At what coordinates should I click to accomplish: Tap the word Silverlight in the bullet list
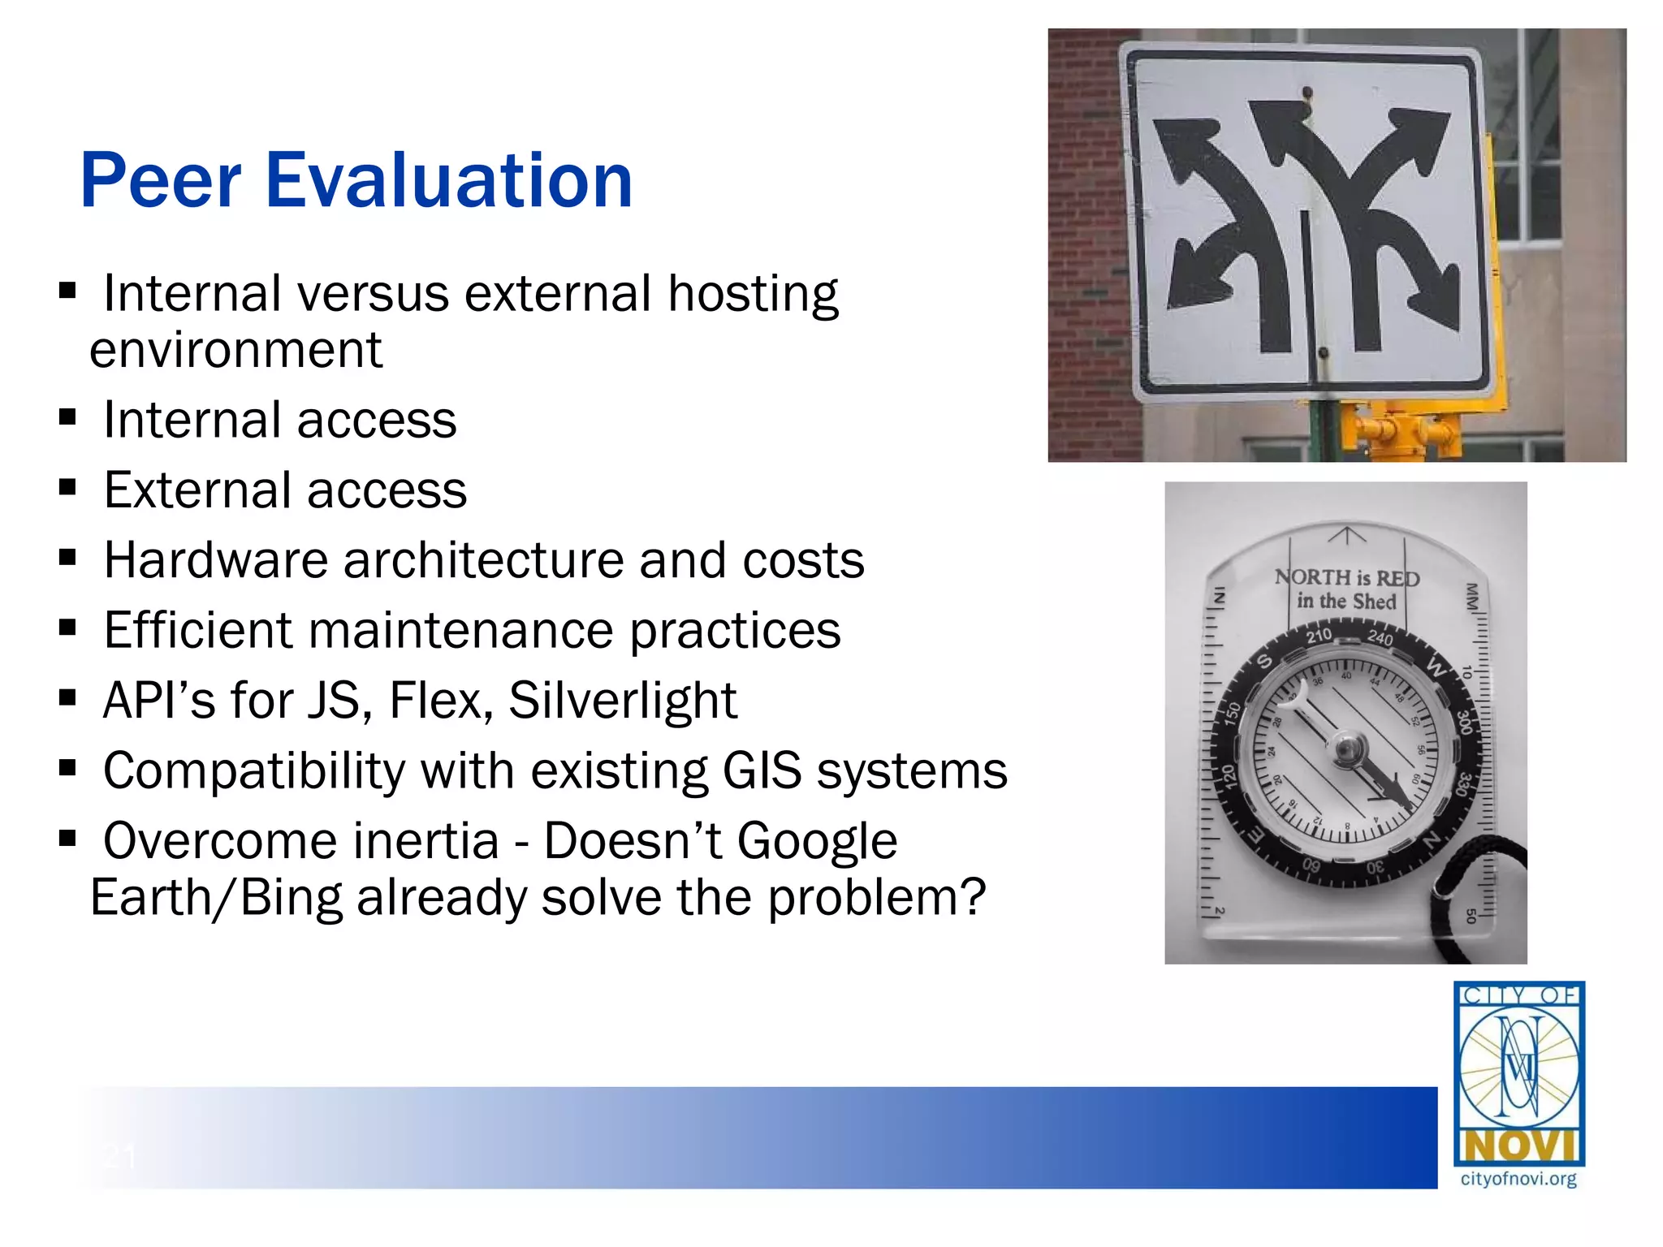[623, 700]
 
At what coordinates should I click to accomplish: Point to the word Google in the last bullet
[817, 840]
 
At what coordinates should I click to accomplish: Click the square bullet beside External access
[67, 487]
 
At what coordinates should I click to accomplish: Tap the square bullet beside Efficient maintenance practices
[67, 627]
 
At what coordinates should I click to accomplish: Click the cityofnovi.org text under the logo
[1518, 1179]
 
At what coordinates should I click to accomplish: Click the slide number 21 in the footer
[119, 1154]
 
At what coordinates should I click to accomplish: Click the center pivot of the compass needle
[1346, 747]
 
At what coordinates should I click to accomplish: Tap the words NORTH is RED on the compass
[1347, 578]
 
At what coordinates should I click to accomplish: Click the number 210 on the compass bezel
[1319, 635]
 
